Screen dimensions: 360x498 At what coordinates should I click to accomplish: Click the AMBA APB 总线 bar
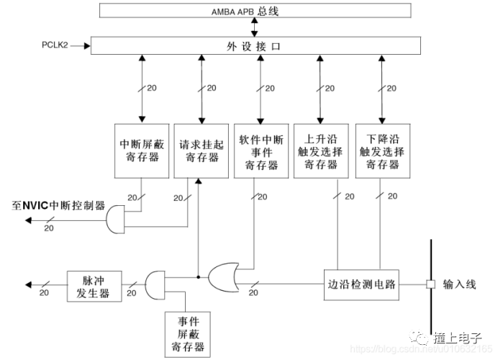255,11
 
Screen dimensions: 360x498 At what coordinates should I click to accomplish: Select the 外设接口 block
255,46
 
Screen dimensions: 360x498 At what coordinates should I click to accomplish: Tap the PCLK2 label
57,46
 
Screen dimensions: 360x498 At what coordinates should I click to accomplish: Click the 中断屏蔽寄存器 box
140,151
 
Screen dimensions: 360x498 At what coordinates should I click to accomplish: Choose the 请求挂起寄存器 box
199,151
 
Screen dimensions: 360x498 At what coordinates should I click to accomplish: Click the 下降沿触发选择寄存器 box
381,151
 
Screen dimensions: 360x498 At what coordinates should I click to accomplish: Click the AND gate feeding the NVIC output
116,219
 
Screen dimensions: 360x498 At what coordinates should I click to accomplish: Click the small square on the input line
430,284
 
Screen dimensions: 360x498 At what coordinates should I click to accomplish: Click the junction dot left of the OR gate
198,275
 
